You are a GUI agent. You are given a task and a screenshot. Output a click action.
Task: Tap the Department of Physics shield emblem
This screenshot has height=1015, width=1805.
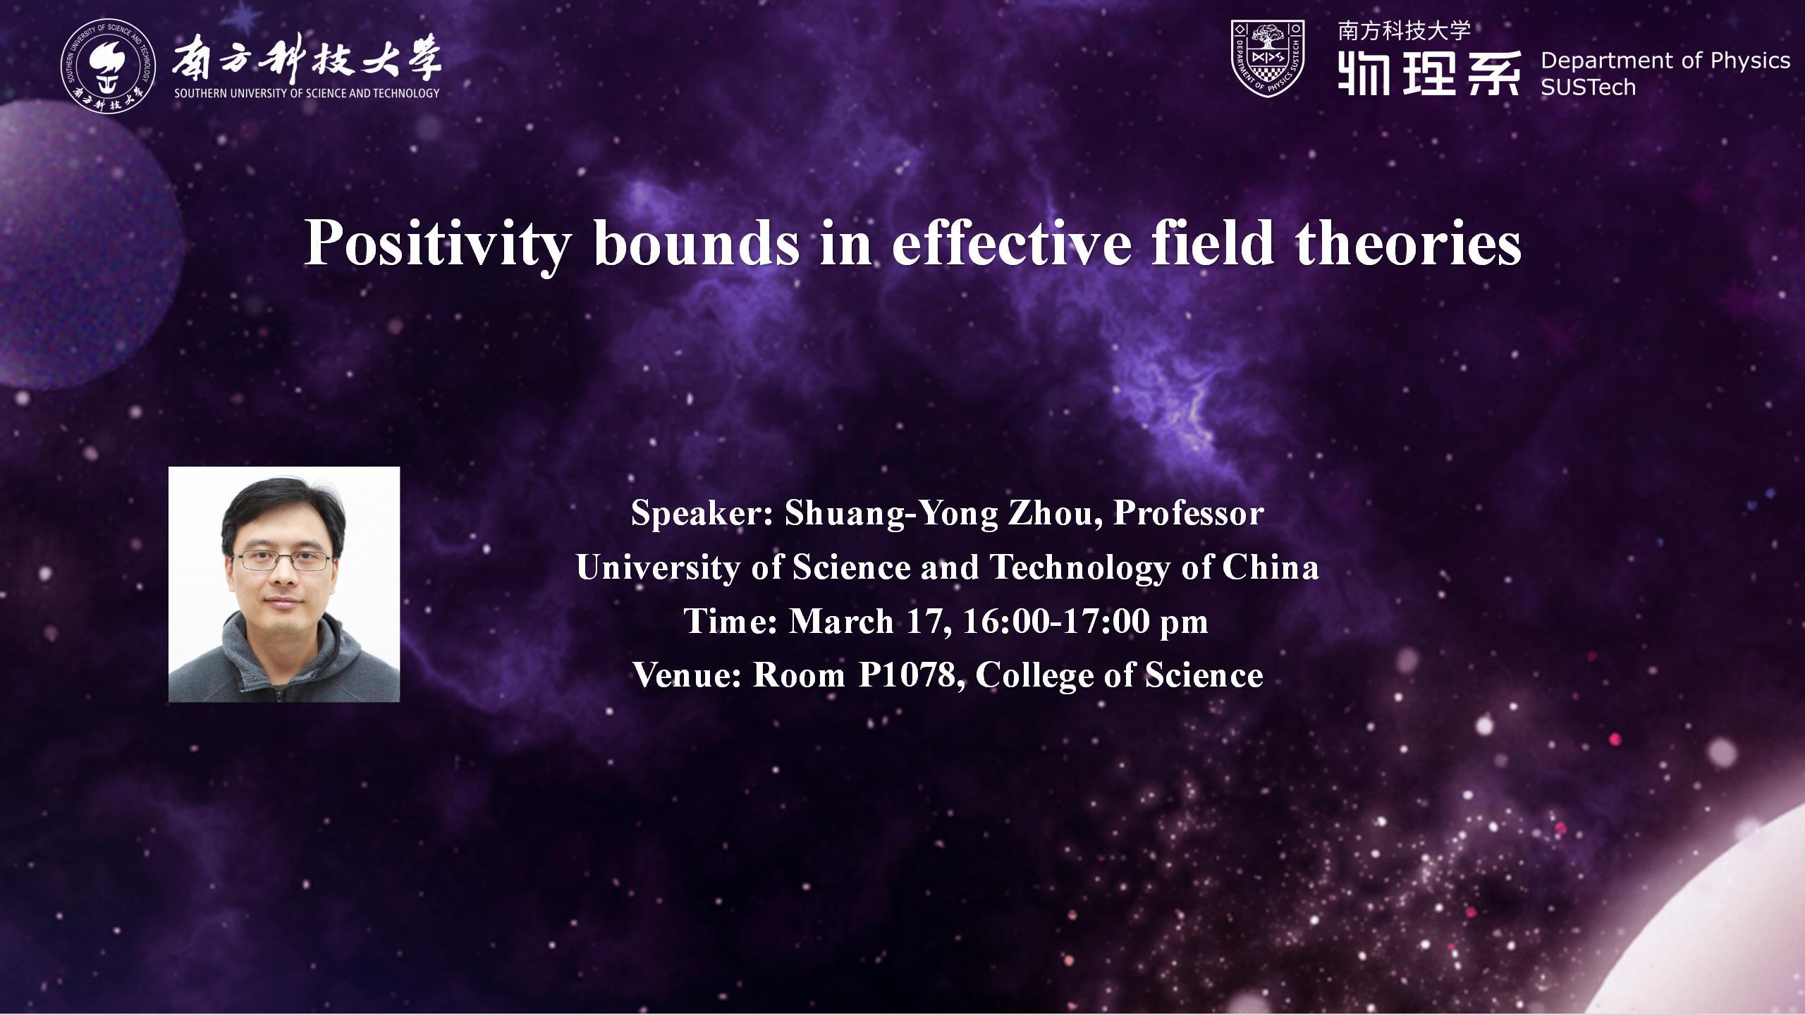point(1267,58)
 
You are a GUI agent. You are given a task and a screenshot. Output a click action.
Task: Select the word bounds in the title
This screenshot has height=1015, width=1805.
point(697,243)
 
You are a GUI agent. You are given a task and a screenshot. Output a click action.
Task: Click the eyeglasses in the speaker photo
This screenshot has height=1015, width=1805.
point(283,561)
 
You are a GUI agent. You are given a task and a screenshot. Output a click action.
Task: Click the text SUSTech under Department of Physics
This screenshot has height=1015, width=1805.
point(1588,87)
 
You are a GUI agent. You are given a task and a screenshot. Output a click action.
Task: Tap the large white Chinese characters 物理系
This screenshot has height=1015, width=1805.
point(1428,73)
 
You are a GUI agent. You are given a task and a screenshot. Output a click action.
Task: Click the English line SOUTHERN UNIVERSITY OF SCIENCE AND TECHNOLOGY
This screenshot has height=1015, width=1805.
point(307,93)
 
